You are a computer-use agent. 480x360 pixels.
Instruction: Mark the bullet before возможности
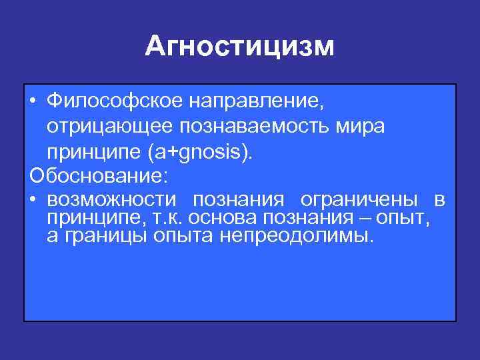tap(33, 201)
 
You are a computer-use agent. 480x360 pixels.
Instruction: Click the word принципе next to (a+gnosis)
tap(89, 151)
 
